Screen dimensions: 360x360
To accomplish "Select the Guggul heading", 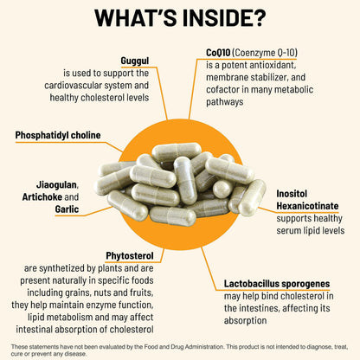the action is (x=135, y=61).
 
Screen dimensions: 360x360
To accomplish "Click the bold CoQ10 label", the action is (x=218, y=53).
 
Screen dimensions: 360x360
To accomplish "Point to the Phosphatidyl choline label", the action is (x=58, y=135).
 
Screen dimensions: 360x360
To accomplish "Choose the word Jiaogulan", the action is (x=57, y=185).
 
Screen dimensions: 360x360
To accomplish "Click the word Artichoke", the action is (x=42, y=197).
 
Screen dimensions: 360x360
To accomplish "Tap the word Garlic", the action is (x=67, y=209).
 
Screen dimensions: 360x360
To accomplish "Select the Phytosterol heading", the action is (x=130, y=256).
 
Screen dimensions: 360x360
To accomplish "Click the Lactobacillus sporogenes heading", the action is (x=277, y=284).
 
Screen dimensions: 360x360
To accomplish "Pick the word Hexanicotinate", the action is (x=307, y=206).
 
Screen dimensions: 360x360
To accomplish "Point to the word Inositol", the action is (x=292, y=194).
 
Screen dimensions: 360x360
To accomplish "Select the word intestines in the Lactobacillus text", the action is (x=259, y=308).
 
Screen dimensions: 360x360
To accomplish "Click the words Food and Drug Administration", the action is (x=183, y=347).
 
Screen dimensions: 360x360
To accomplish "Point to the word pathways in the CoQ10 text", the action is (x=225, y=102).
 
